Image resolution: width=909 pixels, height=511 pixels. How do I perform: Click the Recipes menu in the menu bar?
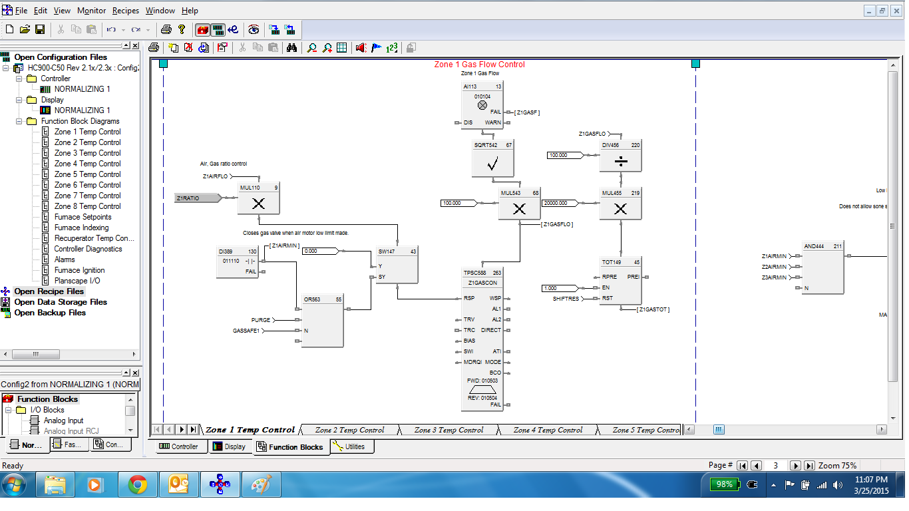[x=125, y=11]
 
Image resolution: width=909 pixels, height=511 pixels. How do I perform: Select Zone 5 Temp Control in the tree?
[x=87, y=174]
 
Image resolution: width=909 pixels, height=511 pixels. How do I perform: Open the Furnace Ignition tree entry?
[x=79, y=270]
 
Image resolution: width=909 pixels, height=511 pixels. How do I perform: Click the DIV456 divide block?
[x=620, y=160]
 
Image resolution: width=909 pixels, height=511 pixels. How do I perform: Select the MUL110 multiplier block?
[x=258, y=204]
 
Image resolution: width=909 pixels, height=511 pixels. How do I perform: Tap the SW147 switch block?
[x=397, y=270]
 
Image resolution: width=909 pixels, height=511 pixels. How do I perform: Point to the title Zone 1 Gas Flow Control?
[x=479, y=65]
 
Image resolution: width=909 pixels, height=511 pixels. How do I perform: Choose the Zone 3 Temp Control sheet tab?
[x=449, y=430]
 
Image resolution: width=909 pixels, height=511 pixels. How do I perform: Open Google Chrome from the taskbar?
[x=138, y=485]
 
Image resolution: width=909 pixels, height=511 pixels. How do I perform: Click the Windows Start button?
[x=14, y=485]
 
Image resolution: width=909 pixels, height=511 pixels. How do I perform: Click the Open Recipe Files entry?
[x=49, y=291]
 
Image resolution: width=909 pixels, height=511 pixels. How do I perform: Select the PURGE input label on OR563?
[x=261, y=320]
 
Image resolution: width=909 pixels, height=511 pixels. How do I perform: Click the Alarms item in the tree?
[x=65, y=259]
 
